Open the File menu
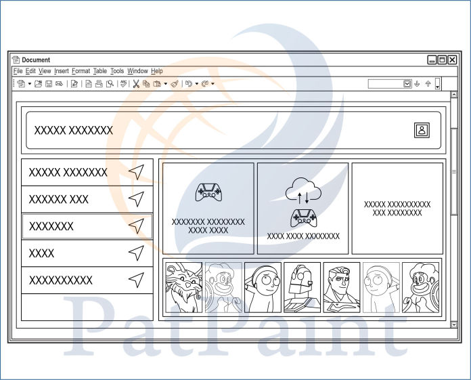(18, 71)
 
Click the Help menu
(157, 71)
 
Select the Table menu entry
(100, 71)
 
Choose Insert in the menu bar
(62, 71)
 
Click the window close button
(453, 60)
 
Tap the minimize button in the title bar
(432, 60)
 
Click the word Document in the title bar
(36, 60)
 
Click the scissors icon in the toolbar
(136, 84)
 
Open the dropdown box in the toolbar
(407, 84)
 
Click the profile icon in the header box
(422, 130)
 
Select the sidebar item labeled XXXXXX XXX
(59, 200)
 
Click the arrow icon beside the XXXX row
(137, 253)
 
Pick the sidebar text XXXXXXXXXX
(61, 280)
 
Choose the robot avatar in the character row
(302, 287)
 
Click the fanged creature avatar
(184, 287)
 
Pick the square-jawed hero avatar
(342, 287)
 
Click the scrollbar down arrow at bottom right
(453, 324)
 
